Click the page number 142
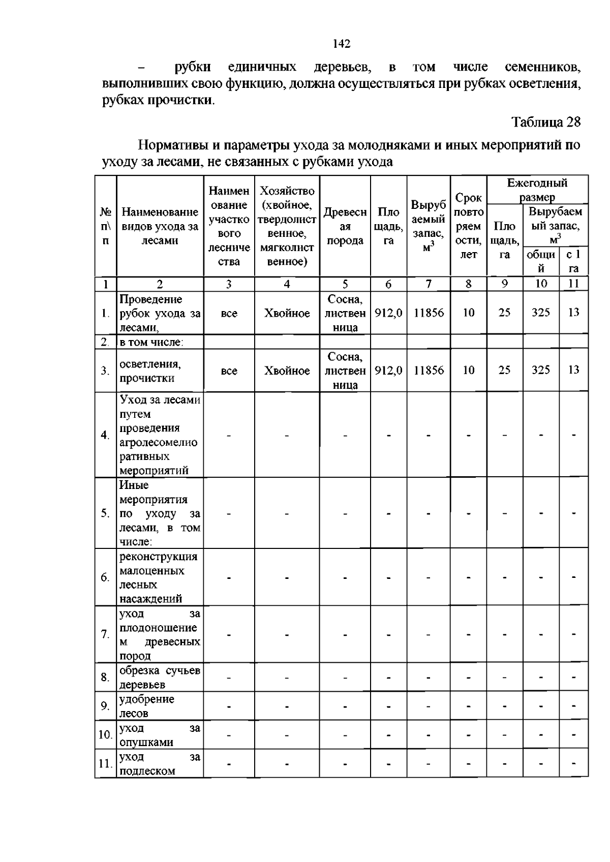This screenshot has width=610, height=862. click(342, 44)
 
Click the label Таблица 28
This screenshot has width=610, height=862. click(545, 122)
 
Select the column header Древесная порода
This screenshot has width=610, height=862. click(345, 226)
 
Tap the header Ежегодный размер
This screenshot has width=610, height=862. click(537, 190)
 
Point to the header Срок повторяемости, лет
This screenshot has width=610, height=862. click(468, 226)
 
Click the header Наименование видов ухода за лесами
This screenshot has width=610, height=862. click(160, 226)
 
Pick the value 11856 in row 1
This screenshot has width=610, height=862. click(429, 313)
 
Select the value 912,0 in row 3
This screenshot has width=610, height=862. click(388, 371)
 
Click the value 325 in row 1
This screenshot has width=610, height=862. click(540, 313)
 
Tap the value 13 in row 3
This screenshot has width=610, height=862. click(573, 370)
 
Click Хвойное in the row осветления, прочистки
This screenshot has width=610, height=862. click(287, 371)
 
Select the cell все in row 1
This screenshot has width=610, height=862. click(229, 314)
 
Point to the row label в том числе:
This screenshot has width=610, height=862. click(151, 342)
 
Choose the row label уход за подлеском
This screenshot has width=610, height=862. click(159, 763)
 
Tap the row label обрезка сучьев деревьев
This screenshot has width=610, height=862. click(159, 678)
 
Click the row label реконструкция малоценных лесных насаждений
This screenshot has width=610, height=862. click(158, 577)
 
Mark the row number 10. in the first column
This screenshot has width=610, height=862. click(105, 735)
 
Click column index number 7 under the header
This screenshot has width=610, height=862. click(429, 284)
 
